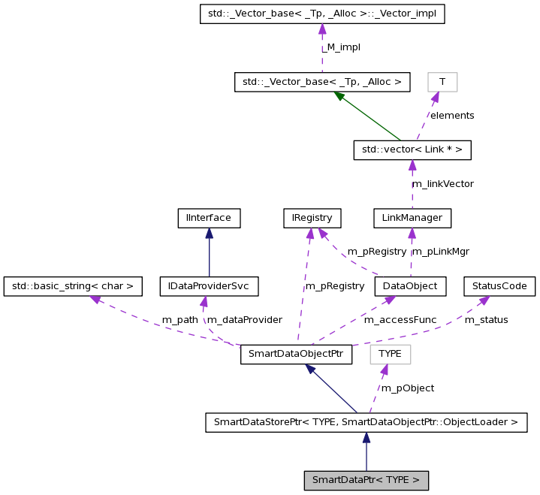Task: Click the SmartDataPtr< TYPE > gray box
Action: (x=366, y=479)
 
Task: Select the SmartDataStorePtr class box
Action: (x=366, y=422)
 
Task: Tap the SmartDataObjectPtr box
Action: (x=297, y=355)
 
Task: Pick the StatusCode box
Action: (x=499, y=286)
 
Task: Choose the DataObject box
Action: (x=410, y=286)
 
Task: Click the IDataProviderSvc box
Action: (x=209, y=286)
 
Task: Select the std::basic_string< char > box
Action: (x=73, y=286)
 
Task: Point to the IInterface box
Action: (x=209, y=219)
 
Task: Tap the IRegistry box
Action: (x=312, y=219)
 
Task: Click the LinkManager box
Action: (x=412, y=219)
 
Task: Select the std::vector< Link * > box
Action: (x=412, y=150)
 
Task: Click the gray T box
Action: (x=442, y=82)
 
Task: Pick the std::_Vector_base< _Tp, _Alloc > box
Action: (x=322, y=82)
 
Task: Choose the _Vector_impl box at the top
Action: (x=322, y=14)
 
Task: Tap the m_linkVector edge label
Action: (x=442, y=184)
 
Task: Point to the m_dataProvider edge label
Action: (x=244, y=320)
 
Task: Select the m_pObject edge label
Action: (x=407, y=388)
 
